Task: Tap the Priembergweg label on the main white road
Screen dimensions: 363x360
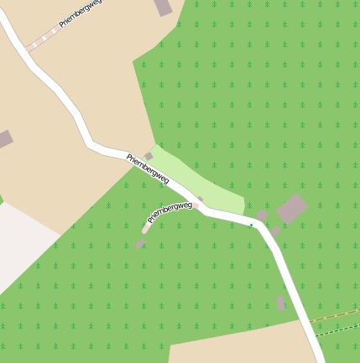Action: pos(148,169)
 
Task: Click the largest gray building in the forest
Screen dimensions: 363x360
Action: pos(291,208)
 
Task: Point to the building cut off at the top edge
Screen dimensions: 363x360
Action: pos(164,7)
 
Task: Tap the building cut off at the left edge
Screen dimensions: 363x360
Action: pos(4,139)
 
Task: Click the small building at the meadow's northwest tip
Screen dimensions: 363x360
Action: pos(149,156)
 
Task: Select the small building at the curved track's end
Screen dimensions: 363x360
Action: pos(139,244)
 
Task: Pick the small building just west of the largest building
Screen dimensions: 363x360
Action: pos(262,215)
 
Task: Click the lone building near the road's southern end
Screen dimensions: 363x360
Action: pos(280,303)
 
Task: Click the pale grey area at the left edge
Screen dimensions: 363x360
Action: pos(21,243)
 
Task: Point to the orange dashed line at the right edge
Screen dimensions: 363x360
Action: pos(336,317)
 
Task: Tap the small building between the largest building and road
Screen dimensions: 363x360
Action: pos(274,231)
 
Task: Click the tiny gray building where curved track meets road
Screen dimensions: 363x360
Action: pos(200,199)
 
